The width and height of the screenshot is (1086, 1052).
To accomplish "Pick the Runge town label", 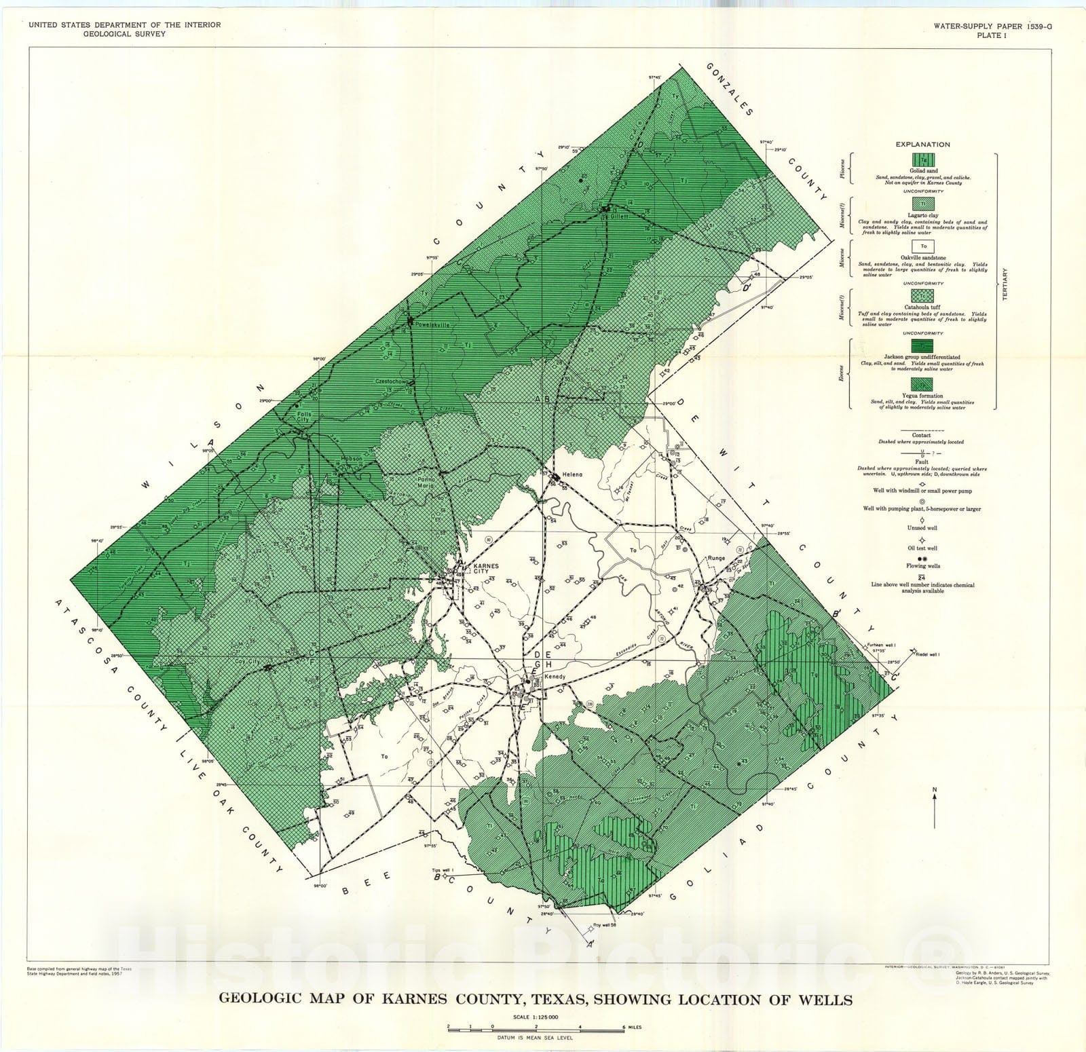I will point(716,558).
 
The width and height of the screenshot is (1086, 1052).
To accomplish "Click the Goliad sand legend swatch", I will point(922,160).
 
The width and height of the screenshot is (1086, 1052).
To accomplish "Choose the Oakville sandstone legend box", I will point(922,246).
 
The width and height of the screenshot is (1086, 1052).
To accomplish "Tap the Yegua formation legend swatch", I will point(922,385).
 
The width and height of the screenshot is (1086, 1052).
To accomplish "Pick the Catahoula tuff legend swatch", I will point(922,295).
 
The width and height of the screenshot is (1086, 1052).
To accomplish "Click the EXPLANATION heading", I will point(922,145).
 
